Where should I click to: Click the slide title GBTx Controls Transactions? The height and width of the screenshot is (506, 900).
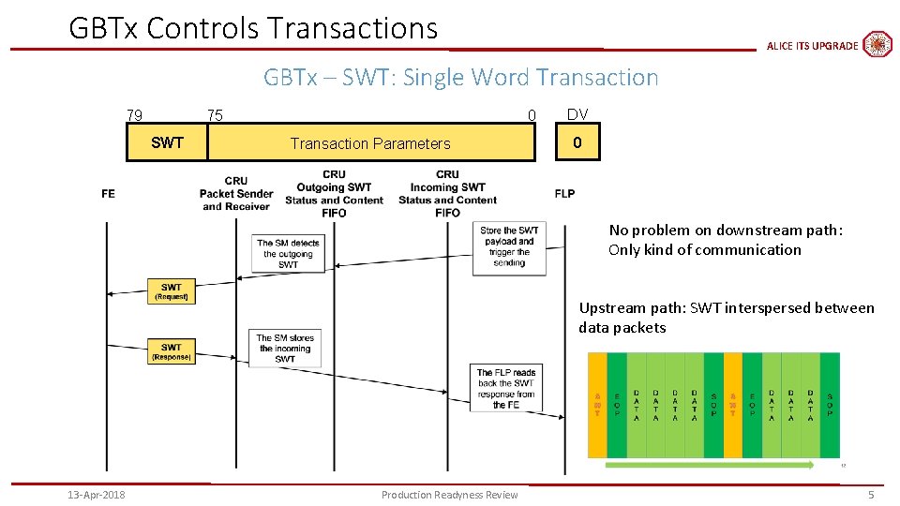pyautogui.click(x=253, y=28)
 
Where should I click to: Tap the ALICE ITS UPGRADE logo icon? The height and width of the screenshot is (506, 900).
pyautogui.click(x=877, y=44)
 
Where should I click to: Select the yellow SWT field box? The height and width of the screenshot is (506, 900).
pyautogui.click(x=167, y=143)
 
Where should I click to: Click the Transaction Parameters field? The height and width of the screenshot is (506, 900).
pyautogui.click(x=370, y=143)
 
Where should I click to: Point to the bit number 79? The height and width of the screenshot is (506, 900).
pyautogui.click(x=135, y=115)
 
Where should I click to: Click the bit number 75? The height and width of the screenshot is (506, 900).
pyautogui.click(x=215, y=115)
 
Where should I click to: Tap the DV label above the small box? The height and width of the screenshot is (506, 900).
pyautogui.click(x=577, y=114)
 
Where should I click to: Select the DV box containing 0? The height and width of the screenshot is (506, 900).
pyautogui.click(x=577, y=143)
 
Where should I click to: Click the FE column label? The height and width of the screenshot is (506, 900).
pyautogui.click(x=108, y=194)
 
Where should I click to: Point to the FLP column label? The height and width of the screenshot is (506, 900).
pyautogui.click(x=564, y=194)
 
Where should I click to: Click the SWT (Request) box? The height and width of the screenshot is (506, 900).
pyautogui.click(x=171, y=291)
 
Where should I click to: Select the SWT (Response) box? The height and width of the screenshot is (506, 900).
pyautogui.click(x=171, y=351)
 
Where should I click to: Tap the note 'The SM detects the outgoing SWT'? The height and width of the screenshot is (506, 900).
pyautogui.click(x=288, y=254)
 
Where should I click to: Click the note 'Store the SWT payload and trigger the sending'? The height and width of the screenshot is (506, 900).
pyautogui.click(x=509, y=246)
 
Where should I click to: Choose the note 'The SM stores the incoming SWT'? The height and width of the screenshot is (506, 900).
pyautogui.click(x=285, y=348)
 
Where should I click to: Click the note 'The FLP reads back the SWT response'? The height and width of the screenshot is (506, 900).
pyautogui.click(x=506, y=388)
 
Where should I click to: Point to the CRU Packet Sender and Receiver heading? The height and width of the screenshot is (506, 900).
pyautogui.click(x=236, y=194)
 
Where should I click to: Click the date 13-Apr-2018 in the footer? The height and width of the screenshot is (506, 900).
pyautogui.click(x=97, y=495)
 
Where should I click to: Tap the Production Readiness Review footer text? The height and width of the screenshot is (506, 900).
pyautogui.click(x=449, y=495)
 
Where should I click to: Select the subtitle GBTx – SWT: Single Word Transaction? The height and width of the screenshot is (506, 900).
pyautogui.click(x=460, y=77)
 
